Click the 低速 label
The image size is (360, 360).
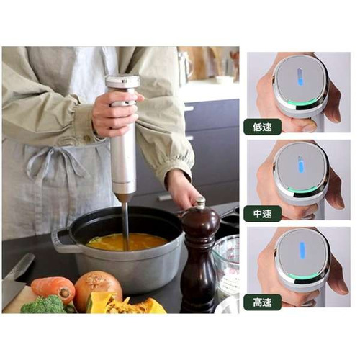[262, 127]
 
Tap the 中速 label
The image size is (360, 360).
[262, 213]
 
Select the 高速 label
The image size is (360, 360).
[262, 302]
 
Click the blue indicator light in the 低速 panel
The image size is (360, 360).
[300, 77]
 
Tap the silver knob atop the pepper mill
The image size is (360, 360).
[200, 202]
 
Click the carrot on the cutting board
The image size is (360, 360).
[53, 289]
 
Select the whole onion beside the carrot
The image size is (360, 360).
[98, 288]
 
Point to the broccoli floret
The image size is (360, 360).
[45, 305]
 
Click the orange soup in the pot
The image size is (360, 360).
[127, 242]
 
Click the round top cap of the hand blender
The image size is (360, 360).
[122, 81]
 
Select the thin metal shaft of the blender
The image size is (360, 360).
[125, 225]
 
